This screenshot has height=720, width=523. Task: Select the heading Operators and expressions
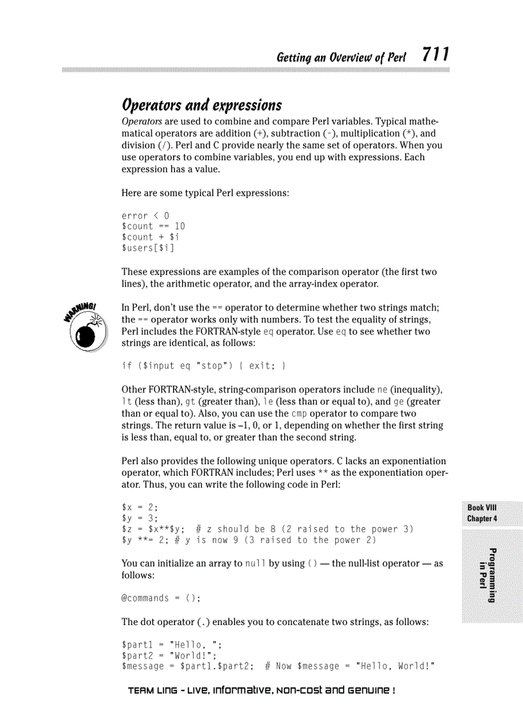pyautogui.click(x=201, y=105)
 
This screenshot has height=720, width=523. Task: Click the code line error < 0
pyautogui.click(x=145, y=215)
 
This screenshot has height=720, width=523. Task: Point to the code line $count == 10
pyautogui.click(x=153, y=226)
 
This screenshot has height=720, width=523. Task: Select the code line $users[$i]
pyautogui.click(x=148, y=247)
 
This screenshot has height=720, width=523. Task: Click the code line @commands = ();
pyautogui.click(x=161, y=598)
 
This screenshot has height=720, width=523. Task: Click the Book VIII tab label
pyautogui.click(x=482, y=508)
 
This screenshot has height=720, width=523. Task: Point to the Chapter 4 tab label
pyautogui.click(x=482, y=518)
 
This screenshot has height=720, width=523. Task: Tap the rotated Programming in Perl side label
pyautogui.click(x=487, y=575)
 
